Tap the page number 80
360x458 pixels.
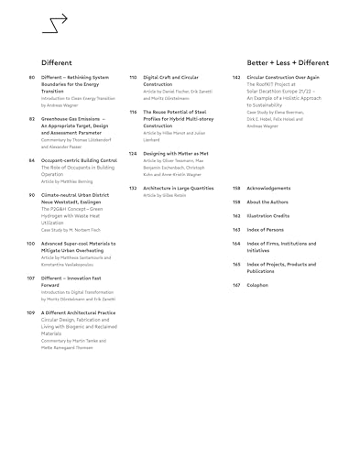tap(32, 79)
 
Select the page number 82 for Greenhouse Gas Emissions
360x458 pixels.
tap(32, 119)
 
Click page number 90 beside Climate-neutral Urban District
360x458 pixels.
tap(32, 195)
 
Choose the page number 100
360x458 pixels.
tap(31, 243)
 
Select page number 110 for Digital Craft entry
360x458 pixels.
tap(133, 79)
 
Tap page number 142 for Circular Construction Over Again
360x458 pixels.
tap(236, 79)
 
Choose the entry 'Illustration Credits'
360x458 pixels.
tap(268, 215)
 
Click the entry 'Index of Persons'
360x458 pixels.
tap(266, 229)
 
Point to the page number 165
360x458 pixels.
tap(236, 264)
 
